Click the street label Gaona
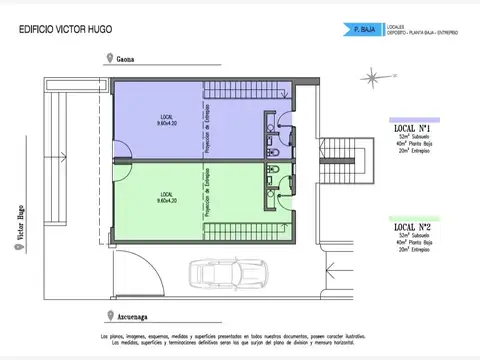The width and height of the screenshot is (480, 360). click(124, 59)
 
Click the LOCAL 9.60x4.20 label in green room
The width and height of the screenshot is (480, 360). click(165, 197)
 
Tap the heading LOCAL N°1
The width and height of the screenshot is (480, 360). click(412, 129)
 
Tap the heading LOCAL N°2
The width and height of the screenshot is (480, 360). click(412, 228)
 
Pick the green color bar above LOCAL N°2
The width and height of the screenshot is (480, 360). click(413, 217)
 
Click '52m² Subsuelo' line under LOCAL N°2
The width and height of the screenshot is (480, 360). click(412, 239)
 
